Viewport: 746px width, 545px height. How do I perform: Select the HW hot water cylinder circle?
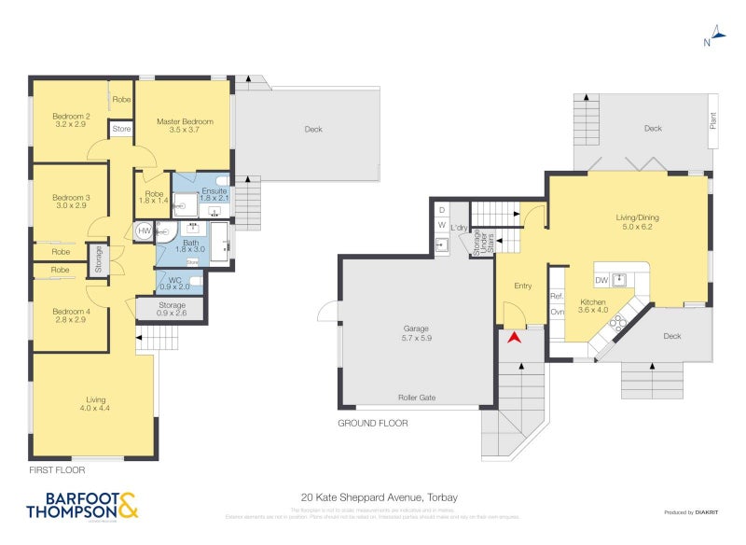pos(145,230)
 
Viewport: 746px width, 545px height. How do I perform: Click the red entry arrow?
pos(513,337)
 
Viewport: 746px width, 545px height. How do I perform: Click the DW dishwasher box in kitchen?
pos(601,279)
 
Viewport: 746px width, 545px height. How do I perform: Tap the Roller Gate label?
pos(417,397)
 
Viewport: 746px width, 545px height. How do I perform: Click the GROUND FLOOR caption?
pos(372,423)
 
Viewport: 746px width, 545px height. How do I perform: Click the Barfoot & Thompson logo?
pos(83,505)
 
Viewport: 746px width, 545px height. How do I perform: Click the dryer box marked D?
pos(442,208)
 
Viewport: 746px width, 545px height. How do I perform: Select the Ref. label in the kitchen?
pos(557,296)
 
